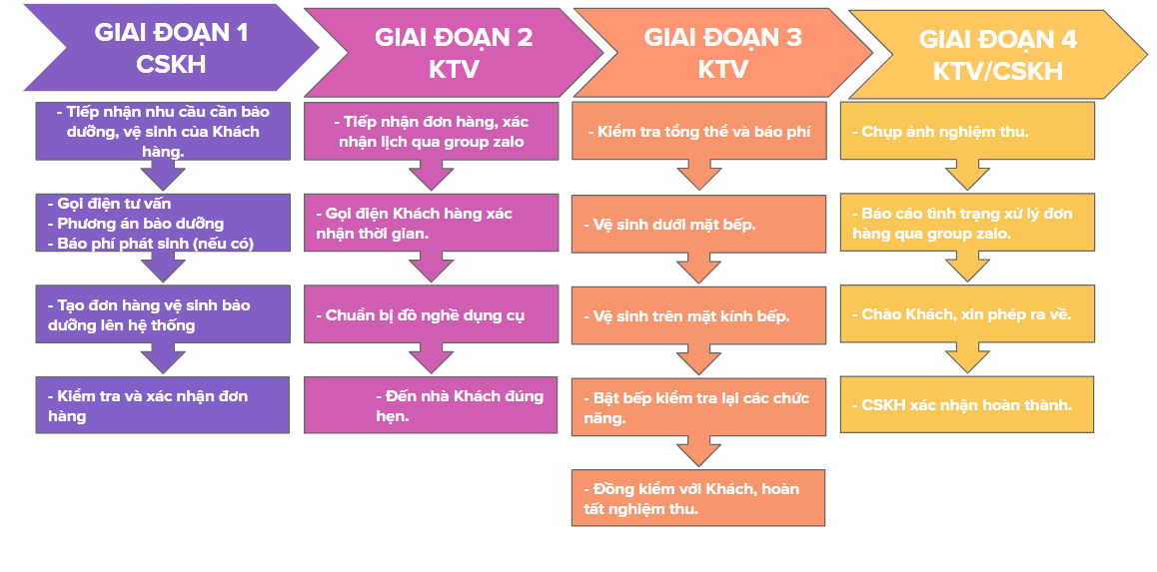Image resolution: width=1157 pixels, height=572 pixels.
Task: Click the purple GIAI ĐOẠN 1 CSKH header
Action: tap(172, 48)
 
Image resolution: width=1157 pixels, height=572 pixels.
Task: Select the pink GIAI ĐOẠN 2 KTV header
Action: tap(454, 53)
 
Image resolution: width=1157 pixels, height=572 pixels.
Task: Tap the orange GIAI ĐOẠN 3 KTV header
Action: tap(723, 53)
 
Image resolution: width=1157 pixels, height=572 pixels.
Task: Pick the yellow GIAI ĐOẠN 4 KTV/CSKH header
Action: tap(998, 55)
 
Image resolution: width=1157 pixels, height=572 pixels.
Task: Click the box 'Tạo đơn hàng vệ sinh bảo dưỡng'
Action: tap(163, 314)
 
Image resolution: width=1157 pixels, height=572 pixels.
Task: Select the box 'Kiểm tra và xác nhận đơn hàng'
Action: tap(163, 405)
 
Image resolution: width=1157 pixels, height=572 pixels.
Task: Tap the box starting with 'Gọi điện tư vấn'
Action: tap(163, 223)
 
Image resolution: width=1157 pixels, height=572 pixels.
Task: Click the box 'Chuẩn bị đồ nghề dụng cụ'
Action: tap(431, 314)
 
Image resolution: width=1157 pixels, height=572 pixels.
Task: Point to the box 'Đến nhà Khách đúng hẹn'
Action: tap(431, 405)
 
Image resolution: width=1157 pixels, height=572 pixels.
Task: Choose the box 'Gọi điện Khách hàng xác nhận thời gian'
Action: tap(431, 224)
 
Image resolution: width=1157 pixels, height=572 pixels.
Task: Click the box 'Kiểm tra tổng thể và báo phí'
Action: tap(699, 131)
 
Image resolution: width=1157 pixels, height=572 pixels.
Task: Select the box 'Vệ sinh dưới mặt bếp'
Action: tap(699, 224)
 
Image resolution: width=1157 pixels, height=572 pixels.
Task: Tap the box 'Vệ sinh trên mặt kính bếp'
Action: tap(699, 315)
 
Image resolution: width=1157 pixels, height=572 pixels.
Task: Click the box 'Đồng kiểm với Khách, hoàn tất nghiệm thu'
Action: tap(699, 497)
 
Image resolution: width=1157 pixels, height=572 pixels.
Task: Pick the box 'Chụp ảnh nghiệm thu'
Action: tap(967, 131)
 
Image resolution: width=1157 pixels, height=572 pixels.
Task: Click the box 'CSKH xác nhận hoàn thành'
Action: tap(967, 404)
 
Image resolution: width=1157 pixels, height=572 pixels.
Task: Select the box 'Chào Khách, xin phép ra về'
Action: tap(967, 313)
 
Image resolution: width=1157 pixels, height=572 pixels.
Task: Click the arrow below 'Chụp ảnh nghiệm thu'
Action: tap(967, 176)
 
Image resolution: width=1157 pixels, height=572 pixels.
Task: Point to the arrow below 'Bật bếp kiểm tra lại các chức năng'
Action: tap(699, 452)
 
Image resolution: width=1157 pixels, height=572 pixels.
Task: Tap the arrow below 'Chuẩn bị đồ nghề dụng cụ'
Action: tap(431, 358)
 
